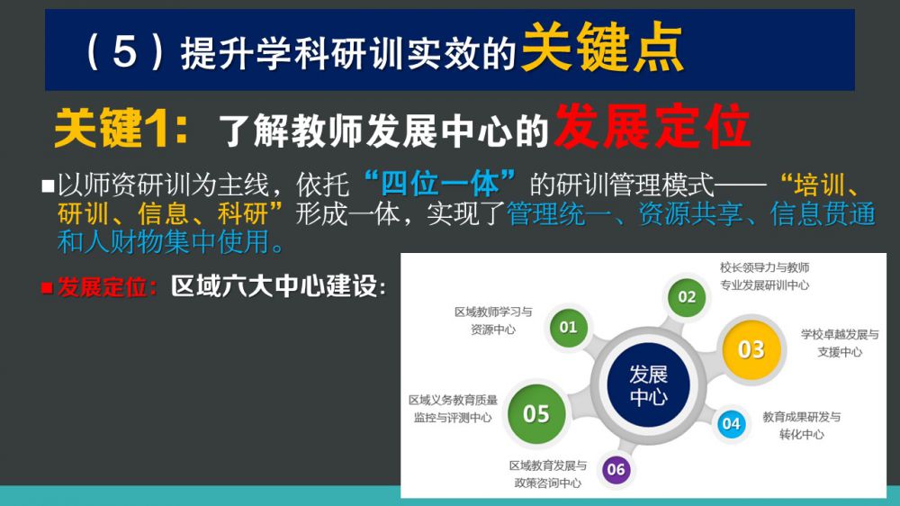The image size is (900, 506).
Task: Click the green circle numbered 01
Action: [568, 328]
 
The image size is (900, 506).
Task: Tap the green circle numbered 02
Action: [687, 297]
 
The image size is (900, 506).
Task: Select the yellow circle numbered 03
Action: [751, 349]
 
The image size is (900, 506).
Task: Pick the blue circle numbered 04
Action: [731, 424]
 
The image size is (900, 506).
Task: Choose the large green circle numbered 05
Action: [536, 413]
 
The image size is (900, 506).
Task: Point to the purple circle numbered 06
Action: [616, 469]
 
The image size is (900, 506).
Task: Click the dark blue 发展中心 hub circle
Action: [648, 384]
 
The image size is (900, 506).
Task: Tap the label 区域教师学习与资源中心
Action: [493, 321]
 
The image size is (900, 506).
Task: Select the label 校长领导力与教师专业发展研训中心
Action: [764, 276]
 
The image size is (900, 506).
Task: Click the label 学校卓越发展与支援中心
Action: [840, 343]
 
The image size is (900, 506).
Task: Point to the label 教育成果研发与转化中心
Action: [801, 426]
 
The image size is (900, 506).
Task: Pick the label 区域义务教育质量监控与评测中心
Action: [453, 409]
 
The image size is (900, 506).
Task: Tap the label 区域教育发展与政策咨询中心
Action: [547, 474]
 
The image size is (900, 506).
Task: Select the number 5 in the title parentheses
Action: [124, 50]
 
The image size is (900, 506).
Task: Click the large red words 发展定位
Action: [652, 126]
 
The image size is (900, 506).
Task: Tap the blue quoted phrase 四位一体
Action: [440, 184]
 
